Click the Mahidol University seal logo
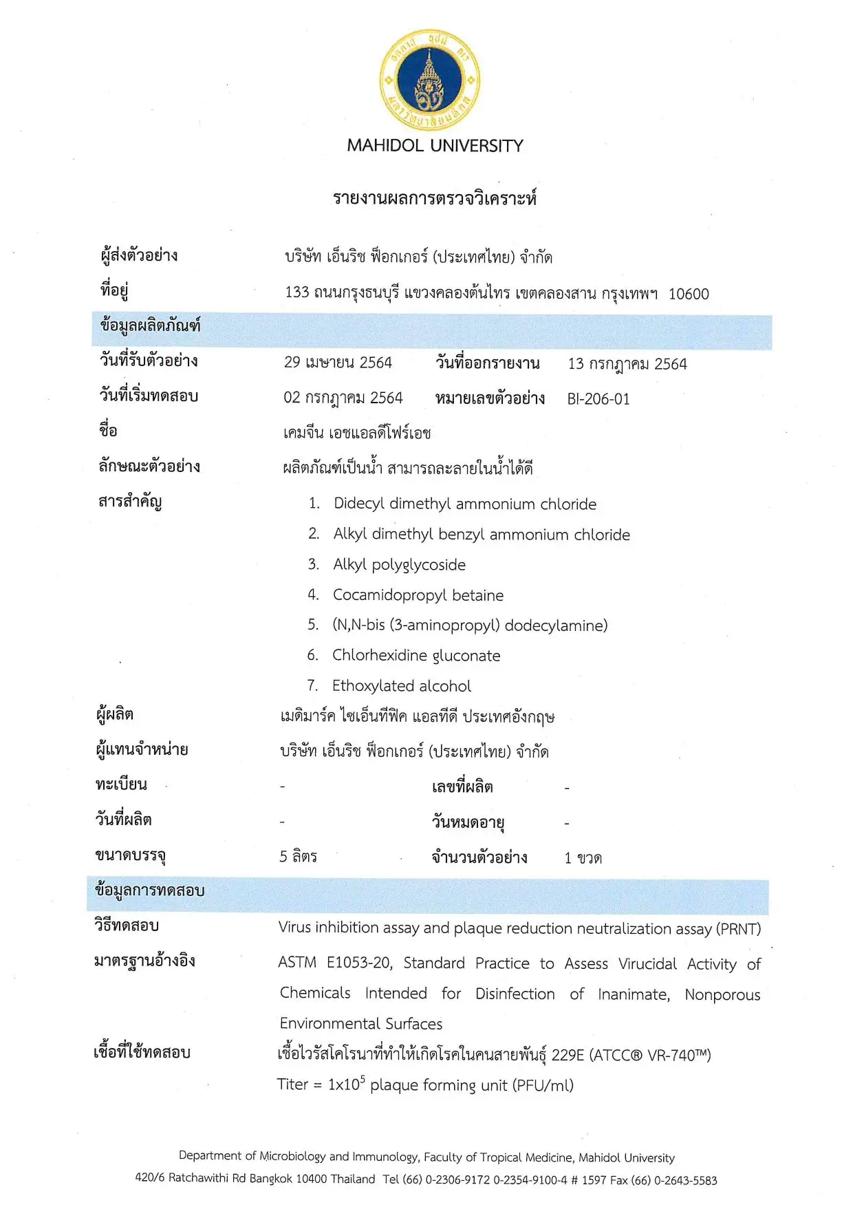[430, 81]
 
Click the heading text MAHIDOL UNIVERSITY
[435, 146]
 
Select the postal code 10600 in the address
[688, 294]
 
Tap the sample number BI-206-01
[598, 399]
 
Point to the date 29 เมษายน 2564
[338, 363]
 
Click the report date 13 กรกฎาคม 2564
[627, 364]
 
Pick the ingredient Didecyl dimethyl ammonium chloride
[464, 504]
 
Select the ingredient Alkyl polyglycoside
[399, 565]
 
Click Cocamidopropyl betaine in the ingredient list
[418, 595]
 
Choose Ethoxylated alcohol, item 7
[401, 686]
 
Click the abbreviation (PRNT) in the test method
[738, 929]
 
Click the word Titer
[292, 1085]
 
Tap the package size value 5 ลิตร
[298, 857]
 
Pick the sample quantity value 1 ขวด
[583, 858]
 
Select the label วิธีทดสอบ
[127, 926]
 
